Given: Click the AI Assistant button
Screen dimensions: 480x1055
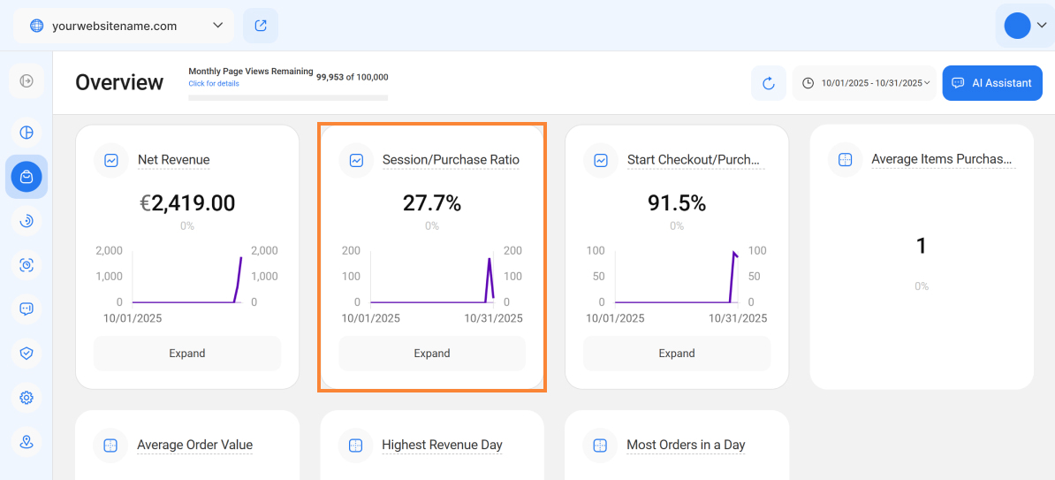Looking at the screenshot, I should [x=992, y=83].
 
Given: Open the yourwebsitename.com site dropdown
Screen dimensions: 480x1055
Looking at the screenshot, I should [x=124, y=26].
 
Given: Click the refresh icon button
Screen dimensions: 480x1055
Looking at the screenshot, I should [x=768, y=83].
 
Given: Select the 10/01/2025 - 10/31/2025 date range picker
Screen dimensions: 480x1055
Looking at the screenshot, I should [x=864, y=83].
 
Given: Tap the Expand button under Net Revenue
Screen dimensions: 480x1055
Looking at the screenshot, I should [x=187, y=354].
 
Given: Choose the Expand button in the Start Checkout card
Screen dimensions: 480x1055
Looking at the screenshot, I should [x=677, y=354].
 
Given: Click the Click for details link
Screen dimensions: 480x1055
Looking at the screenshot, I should [x=214, y=84].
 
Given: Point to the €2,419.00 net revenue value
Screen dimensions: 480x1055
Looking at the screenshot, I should [x=187, y=203].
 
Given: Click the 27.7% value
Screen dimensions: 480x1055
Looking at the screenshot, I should [x=432, y=203].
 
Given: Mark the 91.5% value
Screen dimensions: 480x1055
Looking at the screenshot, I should [x=677, y=203].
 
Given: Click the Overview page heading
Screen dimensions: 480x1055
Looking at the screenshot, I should [x=119, y=82].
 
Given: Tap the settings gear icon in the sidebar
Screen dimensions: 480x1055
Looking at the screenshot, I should [x=27, y=398].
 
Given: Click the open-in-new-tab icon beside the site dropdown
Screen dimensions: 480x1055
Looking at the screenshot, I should [x=261, y=26].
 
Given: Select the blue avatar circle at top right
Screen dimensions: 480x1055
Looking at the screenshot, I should [x=1017, y=26].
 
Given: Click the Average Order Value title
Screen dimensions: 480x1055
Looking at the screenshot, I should [x=194, y=446].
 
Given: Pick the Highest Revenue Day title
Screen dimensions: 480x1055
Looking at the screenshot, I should [x=442, y=446].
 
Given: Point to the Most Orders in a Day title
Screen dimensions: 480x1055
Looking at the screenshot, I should [x=686, y=446].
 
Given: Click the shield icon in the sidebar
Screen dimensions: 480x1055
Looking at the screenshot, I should [x=27, y=354].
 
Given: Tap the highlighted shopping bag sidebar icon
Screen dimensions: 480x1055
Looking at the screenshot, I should [x=27, y=177].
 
